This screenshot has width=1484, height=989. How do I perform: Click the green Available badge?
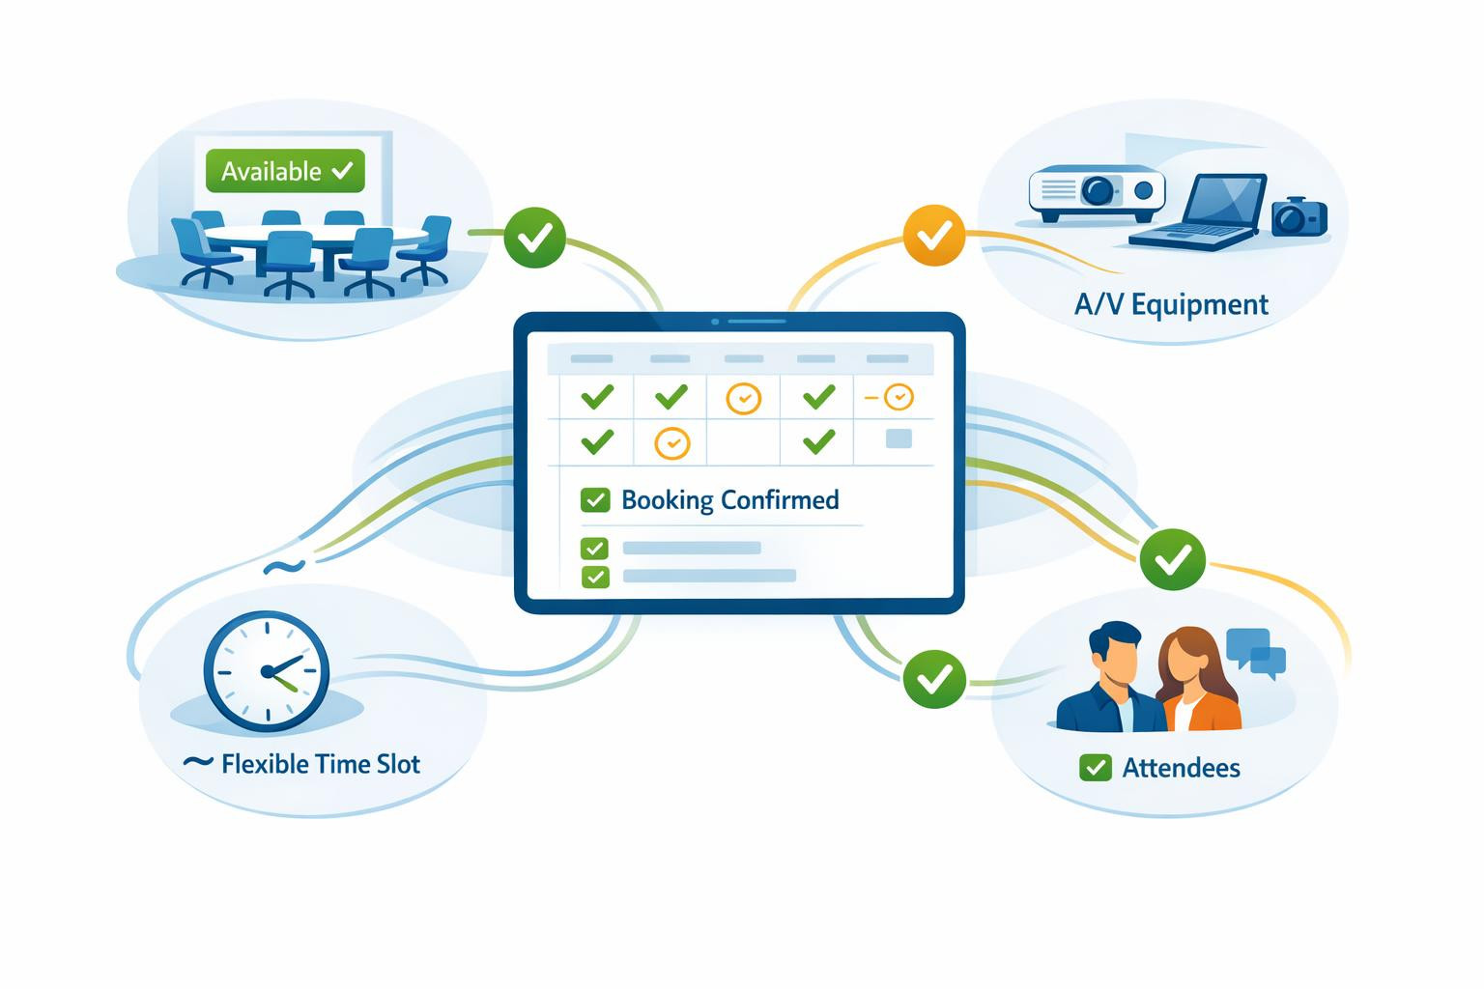tap(285, 171)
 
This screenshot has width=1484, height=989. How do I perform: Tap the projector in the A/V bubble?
tap(1096, 191)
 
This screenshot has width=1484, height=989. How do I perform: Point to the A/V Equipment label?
tap(1171, 305)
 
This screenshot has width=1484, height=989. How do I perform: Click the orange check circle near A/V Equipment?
tap(933, 235)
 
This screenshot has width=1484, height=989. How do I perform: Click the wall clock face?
tap(266, 670)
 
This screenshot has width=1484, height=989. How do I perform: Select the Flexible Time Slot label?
tap(320, 765)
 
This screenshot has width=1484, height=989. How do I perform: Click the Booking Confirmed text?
tap(729, 500)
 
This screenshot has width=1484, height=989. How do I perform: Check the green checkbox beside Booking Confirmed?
tap(595, 500)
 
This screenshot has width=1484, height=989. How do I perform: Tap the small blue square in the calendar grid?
tap(899, 438)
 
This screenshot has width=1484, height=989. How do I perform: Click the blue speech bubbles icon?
tap(1256, 651)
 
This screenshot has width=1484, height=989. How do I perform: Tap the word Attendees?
tap(1181, 768)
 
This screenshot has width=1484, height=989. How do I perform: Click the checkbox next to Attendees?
tap(1095, 768)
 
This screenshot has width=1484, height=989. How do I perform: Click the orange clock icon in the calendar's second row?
tap(671, 443)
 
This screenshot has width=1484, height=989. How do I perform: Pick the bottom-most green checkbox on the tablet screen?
tap(595, 577)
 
